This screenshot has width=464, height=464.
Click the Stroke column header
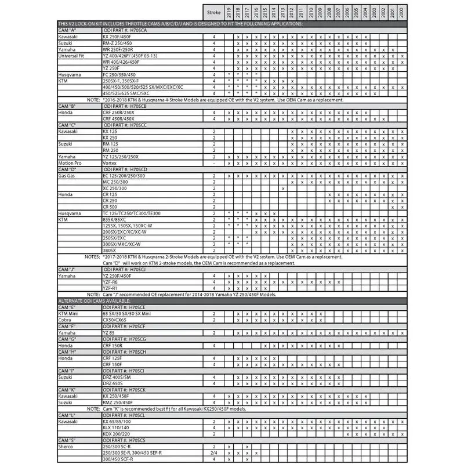pos(214,12)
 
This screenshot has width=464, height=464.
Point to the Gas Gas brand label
pos(67,176)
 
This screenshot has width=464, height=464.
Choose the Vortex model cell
pos(110,163)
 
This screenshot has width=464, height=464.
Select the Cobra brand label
pos(65,320)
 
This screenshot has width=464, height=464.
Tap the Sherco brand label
pos(66,447)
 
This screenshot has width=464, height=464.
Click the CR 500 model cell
pos(110,207)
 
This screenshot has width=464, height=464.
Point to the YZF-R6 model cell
pos(111,282)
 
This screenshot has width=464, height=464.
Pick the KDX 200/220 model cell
pos(116,434)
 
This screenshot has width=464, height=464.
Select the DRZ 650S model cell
pos(113,383)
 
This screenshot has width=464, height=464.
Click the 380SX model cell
pos(110,251)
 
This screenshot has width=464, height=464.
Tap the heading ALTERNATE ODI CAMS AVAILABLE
pos(93,301)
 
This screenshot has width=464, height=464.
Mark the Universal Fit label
pos(72,55)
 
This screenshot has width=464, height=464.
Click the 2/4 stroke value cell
pos(214,452)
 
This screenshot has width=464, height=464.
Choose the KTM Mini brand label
pos(69,313)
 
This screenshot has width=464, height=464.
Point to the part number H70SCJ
pos(139,270)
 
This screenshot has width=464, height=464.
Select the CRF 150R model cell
pos(113,345)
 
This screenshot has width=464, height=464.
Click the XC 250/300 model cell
pos(114,188)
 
